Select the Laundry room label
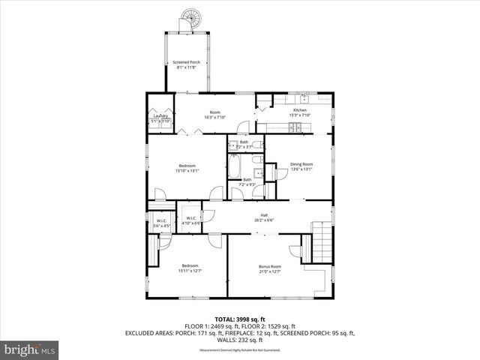(x=160, y=118)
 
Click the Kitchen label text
(x=300, y=112)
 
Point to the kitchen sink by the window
(x=304, y=99)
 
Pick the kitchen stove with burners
(x=300, y=127)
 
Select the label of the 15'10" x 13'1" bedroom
(x=187, y=168)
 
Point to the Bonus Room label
(x=270, y=268)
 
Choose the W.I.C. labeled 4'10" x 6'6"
(x=191, y=220)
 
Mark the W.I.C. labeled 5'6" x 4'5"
(x=161, y=223)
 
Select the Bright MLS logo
(x=29, y=349)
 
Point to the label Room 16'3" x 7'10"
(x=215, y=115)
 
